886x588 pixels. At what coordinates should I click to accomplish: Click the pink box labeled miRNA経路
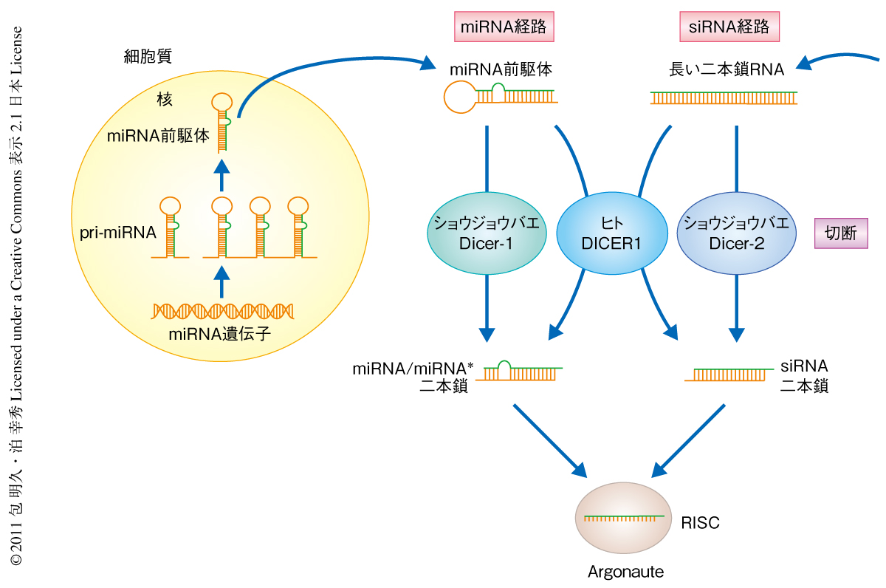click(x=504, y=27)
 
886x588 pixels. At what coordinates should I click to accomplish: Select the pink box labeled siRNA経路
click(x=729, y=27)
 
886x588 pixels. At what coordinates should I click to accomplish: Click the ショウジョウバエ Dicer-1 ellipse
click(x=487, y=233)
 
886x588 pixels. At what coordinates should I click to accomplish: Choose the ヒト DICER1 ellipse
click(x=610, y=233)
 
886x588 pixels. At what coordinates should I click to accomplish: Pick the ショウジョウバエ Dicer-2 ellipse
click(x=736, y=233)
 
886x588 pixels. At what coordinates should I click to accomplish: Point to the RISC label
click(x=700, y=523)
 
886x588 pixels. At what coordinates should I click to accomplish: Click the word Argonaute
click(x=625, y=572)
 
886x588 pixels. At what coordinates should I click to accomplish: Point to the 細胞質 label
click(x=148, y=57)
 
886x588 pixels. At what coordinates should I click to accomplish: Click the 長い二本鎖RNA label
click(x=727, y=70)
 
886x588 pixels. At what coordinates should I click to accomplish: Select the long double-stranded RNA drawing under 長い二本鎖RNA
click(x=724, y=98)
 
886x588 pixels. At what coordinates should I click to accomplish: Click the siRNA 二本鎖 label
click(x=804, y=375)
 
